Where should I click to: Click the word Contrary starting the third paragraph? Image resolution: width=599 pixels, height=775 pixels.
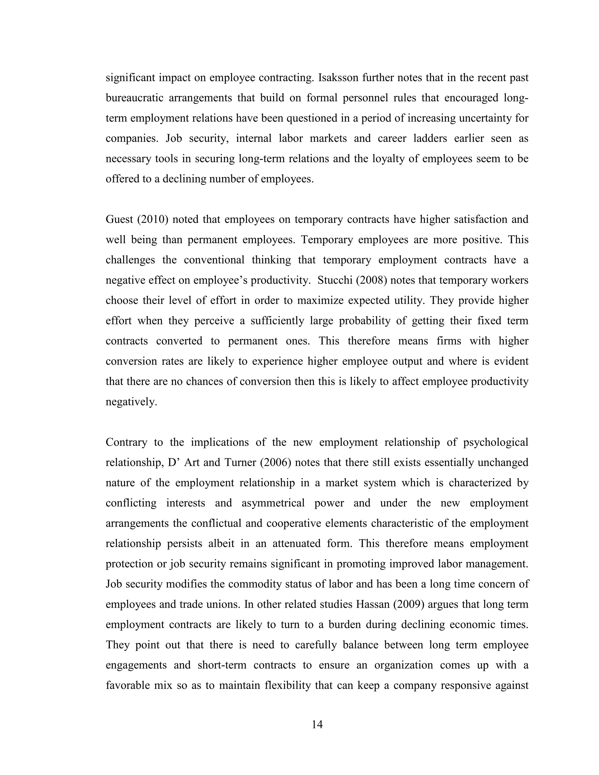point(126,442)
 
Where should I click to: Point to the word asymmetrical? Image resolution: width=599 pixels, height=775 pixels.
point(273,503)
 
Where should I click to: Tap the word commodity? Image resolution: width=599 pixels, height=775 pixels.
point(256,584)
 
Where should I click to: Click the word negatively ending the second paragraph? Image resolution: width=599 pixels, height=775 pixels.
point(131,402)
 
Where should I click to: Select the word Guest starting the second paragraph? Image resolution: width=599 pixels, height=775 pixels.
point(119,219)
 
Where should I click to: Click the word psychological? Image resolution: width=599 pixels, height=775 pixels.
point(496,442)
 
